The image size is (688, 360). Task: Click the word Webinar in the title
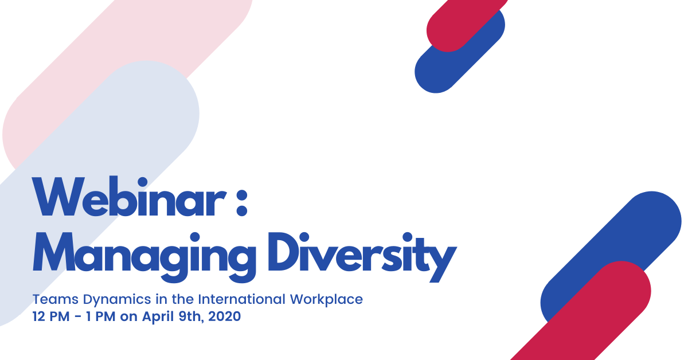[x=129, y=197]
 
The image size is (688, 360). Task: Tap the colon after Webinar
[x=242, y=203]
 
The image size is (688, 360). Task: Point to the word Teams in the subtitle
[x=55, y=299]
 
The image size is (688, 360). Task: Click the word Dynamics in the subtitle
[x=117, y=300]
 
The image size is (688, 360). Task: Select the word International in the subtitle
[x=242, y=299]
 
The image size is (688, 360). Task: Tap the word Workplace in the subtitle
[x=326, y=300]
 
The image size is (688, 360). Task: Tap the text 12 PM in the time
[x=51, y=316]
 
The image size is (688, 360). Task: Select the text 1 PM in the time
[x=100, y=316]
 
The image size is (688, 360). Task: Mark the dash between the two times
[x=78, y=316]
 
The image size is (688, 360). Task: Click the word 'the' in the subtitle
[x=183, y=299]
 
